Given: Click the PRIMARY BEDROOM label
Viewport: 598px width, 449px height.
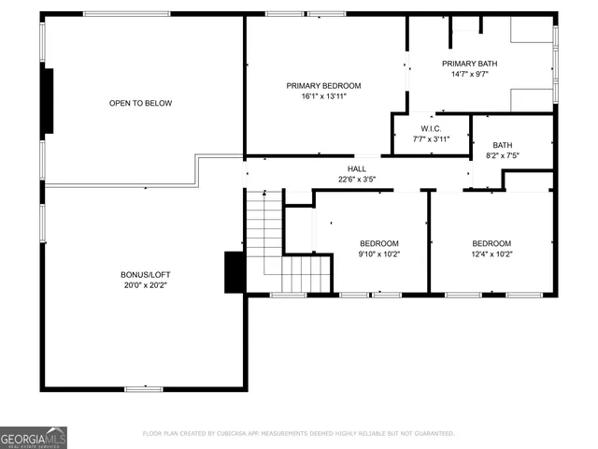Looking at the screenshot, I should pos(323,85).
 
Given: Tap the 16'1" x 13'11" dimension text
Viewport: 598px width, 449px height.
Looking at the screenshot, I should pos(323,95).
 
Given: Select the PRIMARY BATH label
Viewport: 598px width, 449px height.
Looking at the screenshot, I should pos(469,63).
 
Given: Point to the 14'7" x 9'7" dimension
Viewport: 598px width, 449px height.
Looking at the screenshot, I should pos(469,74).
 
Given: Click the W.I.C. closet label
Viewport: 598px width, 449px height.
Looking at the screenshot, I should pos(431,128).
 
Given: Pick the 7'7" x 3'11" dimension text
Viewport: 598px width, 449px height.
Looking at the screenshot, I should pos(431,139).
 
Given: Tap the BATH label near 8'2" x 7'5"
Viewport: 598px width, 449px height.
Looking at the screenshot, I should pos(503,145).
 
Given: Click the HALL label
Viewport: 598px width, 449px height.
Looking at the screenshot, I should pos(358,167).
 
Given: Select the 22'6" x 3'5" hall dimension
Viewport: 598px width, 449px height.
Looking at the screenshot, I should pos(358,179).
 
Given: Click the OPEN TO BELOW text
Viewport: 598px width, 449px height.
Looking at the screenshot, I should pos(140,103).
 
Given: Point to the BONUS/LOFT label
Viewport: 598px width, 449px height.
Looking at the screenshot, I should pos(146,274).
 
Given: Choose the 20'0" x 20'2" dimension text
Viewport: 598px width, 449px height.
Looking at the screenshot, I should pos(146,285).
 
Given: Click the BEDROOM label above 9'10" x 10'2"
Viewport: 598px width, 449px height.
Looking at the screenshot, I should pos(379,243).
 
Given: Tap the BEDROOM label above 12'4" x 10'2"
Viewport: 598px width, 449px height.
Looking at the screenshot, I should pos(491,243).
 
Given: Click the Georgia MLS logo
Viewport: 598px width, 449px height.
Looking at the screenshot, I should pos(34,437).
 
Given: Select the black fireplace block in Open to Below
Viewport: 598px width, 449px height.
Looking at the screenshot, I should pos(49,101).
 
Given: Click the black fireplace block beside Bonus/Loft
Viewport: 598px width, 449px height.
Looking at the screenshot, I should pos(235,272).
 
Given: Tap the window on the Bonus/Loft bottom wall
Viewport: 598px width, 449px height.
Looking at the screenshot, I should pos(145,388).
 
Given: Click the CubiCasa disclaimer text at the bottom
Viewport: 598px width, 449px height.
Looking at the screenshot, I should pos(299,434).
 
